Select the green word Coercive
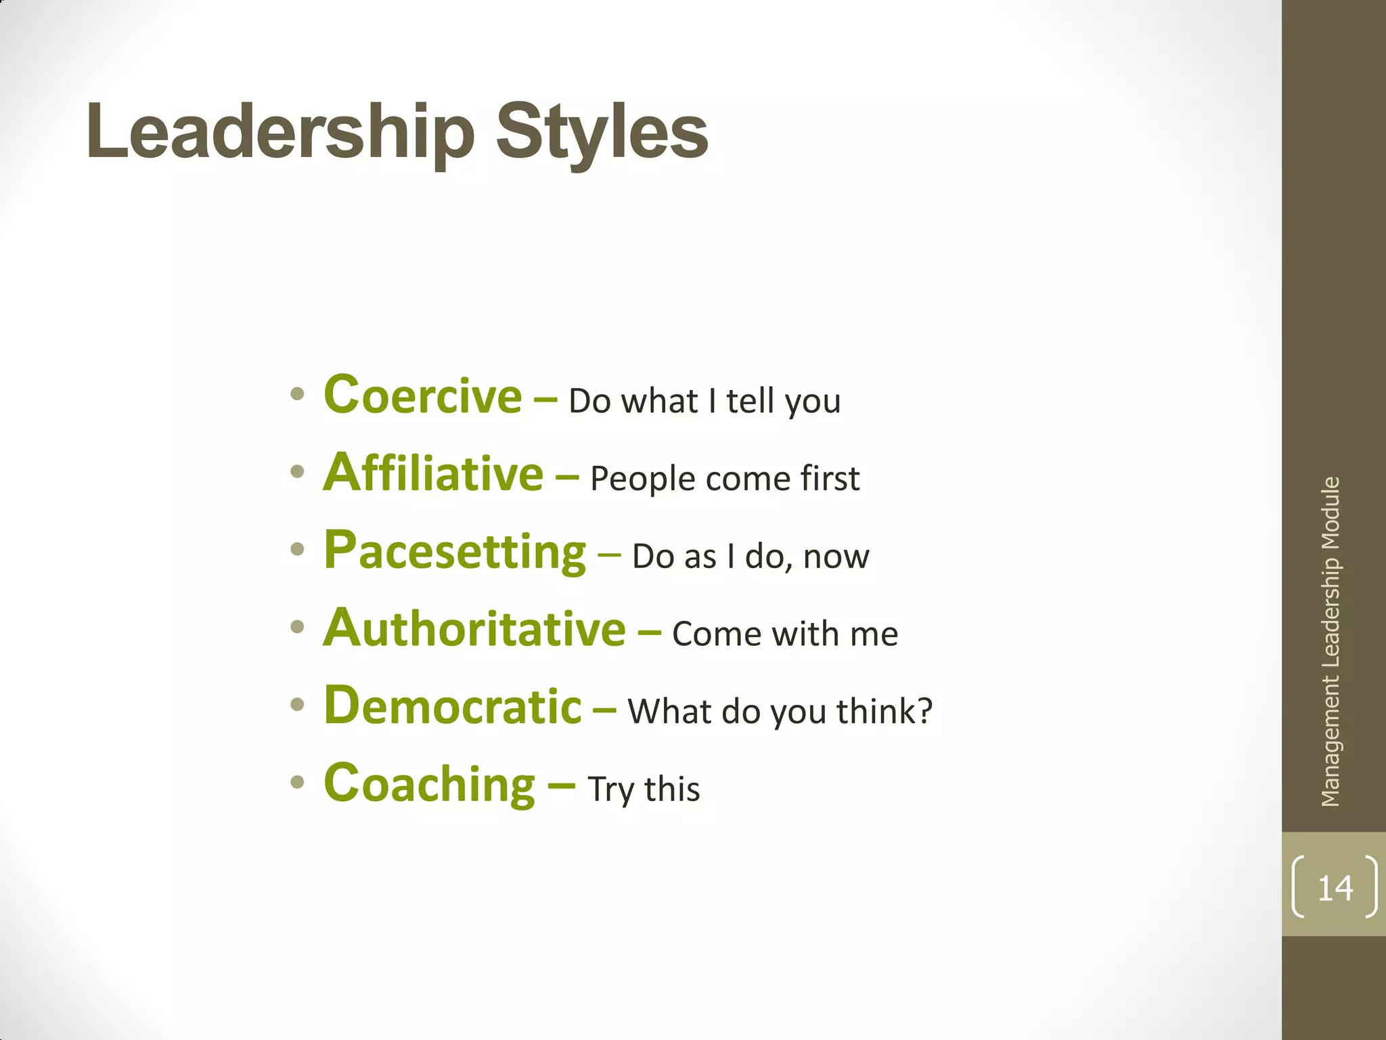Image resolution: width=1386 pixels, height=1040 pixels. (423, 395)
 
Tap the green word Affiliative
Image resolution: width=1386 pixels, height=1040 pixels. (433, 473)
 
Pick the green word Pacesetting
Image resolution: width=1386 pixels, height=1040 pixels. (455, 551)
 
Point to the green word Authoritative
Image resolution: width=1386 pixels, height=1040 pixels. (474, 629)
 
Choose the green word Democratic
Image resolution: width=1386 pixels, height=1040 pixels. (453, 706)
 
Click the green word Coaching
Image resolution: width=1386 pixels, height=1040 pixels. (430, 784)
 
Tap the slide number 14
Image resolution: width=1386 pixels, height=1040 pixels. (1335, 888)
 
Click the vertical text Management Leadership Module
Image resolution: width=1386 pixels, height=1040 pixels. (1331, 642)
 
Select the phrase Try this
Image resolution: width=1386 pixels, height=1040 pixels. (644, 789)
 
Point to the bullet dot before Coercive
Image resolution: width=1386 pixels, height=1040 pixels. (297, 394)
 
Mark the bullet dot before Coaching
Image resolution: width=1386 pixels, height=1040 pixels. (297, 783)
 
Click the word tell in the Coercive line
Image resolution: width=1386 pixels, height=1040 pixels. (750, 401)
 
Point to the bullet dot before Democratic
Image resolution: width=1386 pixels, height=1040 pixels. (297, 705)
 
